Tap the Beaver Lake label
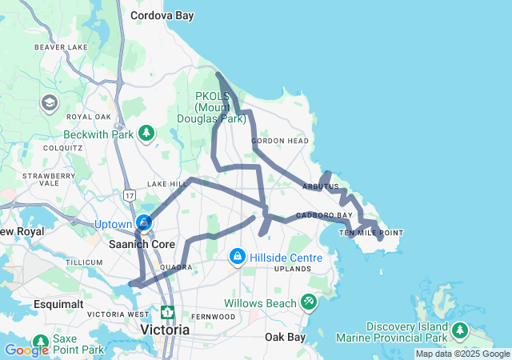61,47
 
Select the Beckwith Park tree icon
146,132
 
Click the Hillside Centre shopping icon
237,257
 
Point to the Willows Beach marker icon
310,302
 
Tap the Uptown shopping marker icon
144,222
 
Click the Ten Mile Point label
371,233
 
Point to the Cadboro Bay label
324,215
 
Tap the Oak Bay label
286,337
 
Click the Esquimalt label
57,304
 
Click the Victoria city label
165,329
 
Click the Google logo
26,350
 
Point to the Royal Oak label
87,116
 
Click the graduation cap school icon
50,103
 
